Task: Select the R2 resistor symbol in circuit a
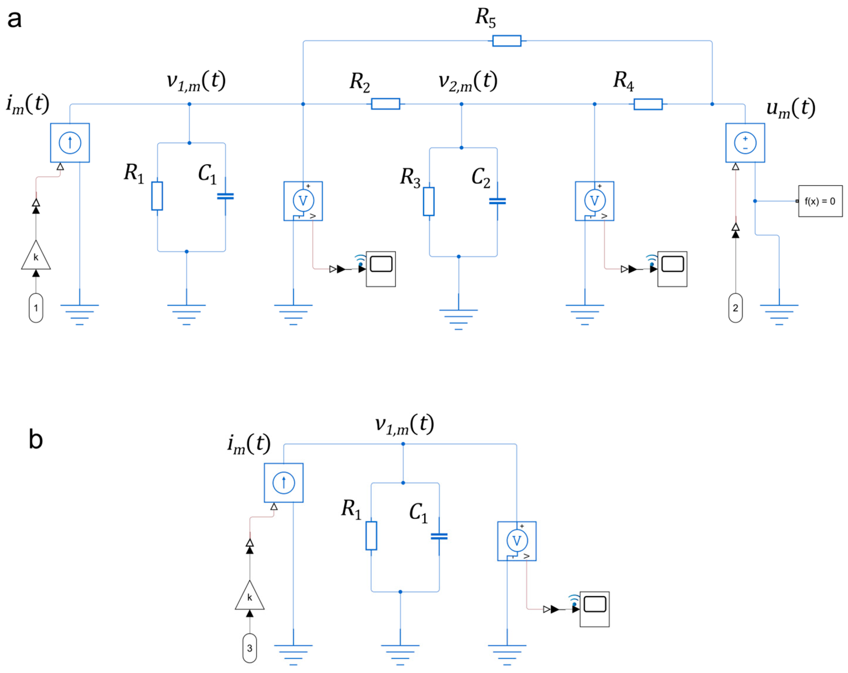point(385,104)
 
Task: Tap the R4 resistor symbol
point(648,104)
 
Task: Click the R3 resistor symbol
point(429,201)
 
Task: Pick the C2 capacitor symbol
point(497,201)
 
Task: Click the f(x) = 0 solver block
point(820,201)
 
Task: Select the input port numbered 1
point(36,308)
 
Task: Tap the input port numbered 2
point(735,308)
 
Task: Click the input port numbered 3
point(249,648)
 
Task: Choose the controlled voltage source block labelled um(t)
point(745,143)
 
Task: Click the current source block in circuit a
point(70,143)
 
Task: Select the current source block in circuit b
point(284,483)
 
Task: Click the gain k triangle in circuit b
point(249,596)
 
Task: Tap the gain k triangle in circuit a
point(36,256)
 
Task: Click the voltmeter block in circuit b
point(517,541)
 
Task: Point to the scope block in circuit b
point(594,609)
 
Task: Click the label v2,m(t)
point(468,81)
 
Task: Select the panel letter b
point(35,439)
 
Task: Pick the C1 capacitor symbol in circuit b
point(439,537)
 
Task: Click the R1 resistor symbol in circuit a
point(157,196)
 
